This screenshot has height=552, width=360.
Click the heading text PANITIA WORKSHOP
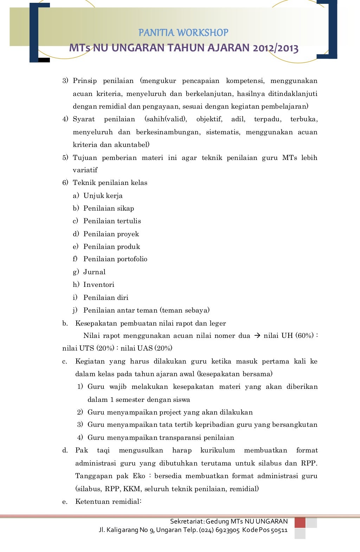pos(183,33)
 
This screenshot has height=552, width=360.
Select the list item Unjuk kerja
pos(103,195)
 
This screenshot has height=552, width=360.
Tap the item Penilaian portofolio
pos(115,259)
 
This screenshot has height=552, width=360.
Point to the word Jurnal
pos(94,272)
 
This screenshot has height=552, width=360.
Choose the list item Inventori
pos(98,284)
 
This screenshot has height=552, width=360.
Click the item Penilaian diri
pos(105,297)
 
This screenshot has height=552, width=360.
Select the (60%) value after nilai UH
pos(304,336)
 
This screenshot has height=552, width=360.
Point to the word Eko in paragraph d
pos(139,476)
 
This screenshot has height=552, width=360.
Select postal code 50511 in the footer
pos(279,530)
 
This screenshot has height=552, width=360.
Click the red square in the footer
pos(300,522)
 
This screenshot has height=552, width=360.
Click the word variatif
pos(85,170)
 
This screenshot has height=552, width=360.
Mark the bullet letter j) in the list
pos(75,310)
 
